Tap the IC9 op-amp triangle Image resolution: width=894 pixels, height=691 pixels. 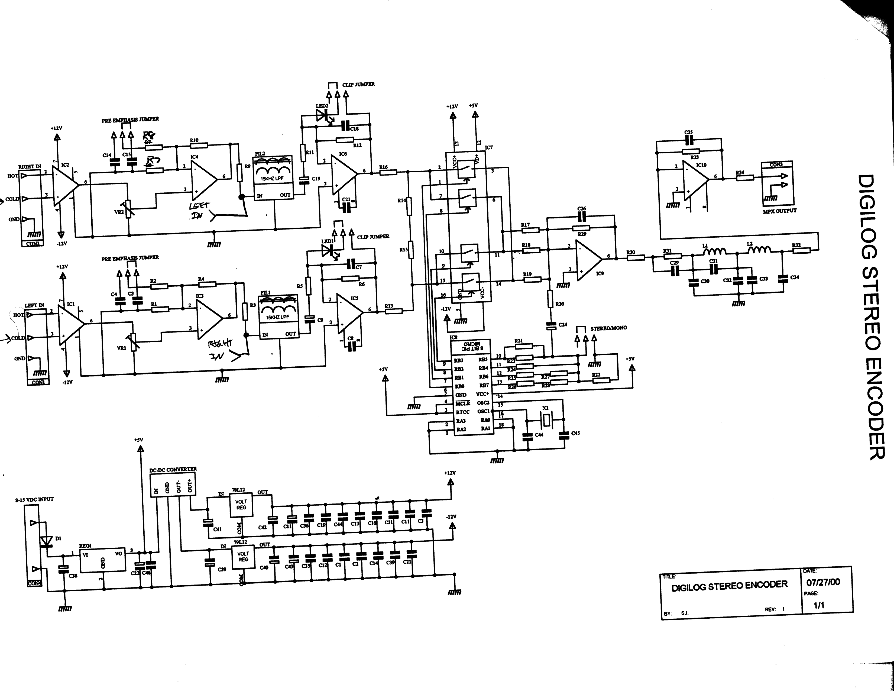[588, 258]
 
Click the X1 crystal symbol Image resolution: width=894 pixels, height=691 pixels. [546, 419]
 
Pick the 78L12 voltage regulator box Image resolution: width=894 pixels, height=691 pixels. [241, 505]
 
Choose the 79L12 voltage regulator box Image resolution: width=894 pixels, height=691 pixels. [243, 557]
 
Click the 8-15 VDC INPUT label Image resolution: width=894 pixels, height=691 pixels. [34, 499]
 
